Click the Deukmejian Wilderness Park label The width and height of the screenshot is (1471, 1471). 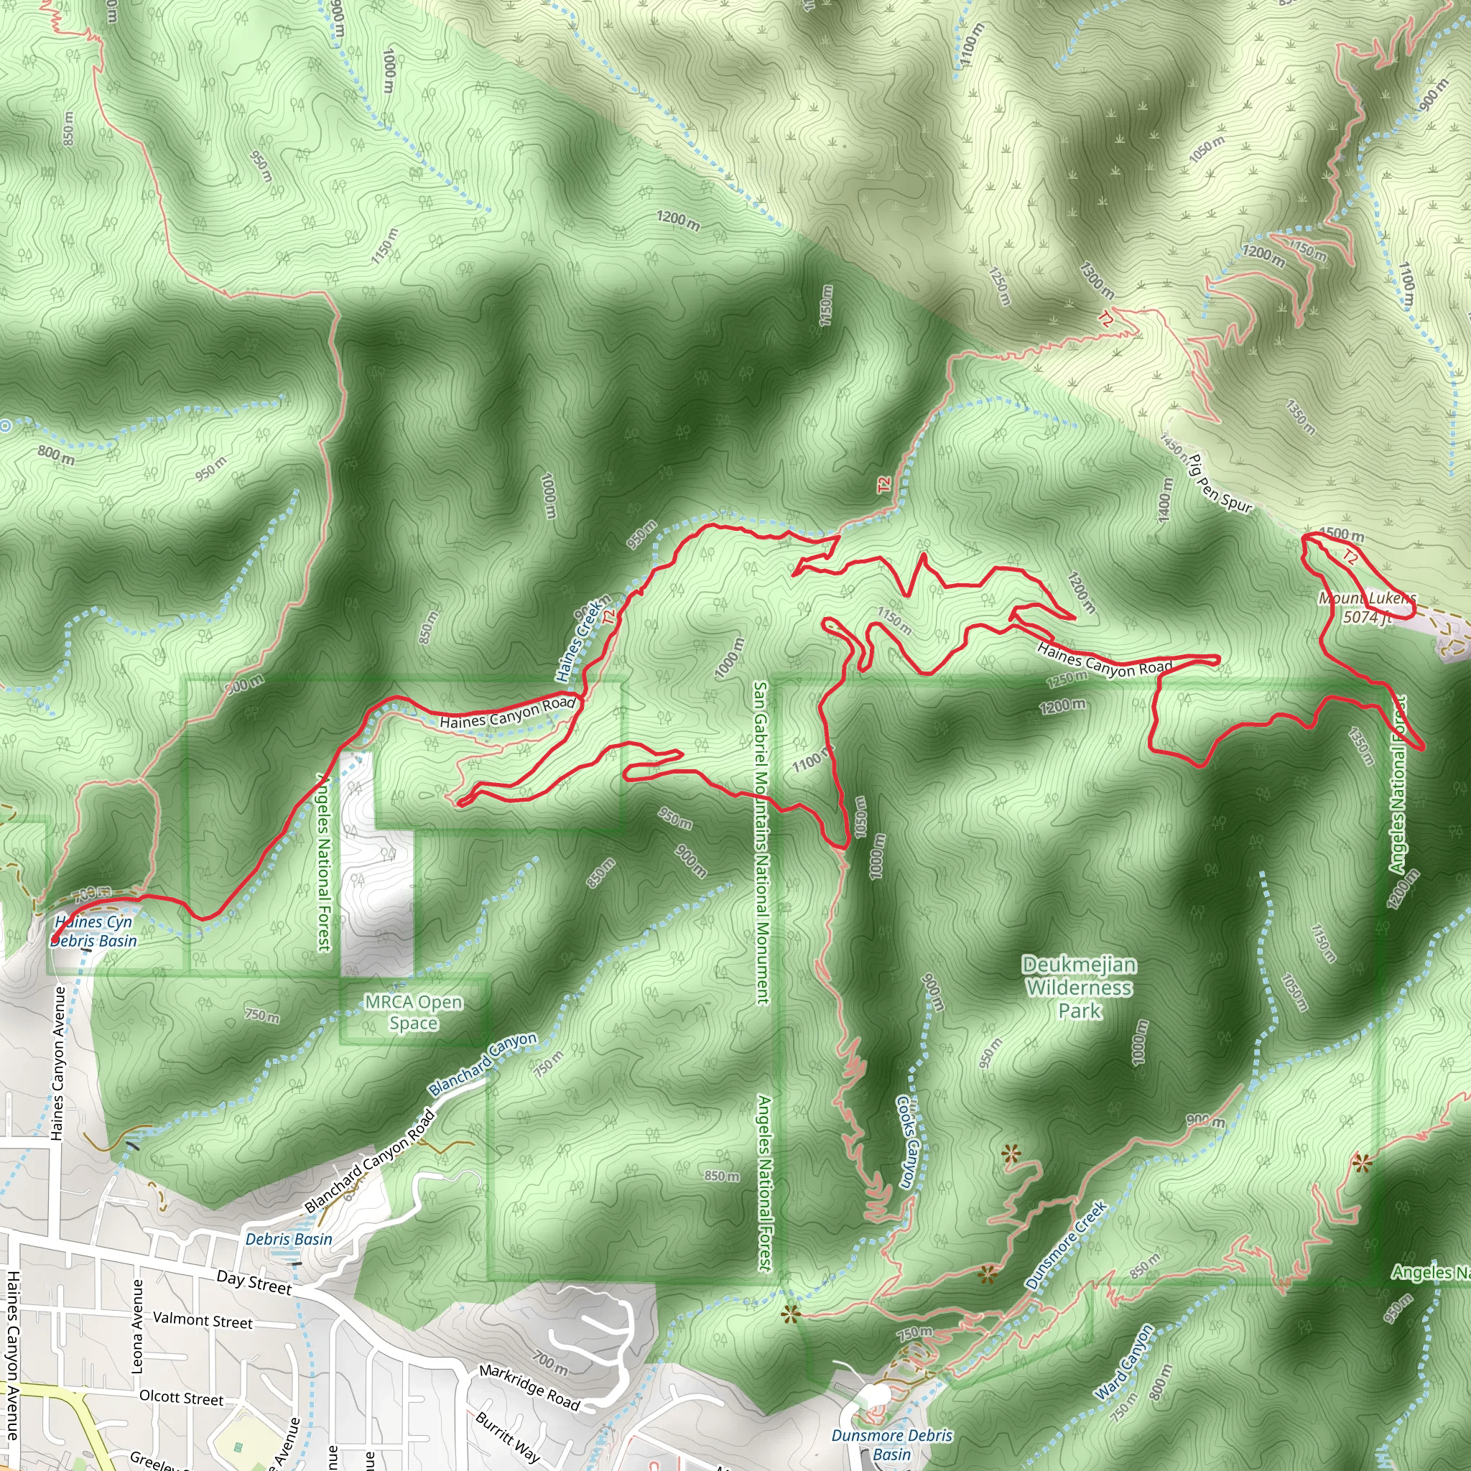[x=1079, y=988]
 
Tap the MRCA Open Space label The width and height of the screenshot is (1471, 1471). [x=414, y=1013]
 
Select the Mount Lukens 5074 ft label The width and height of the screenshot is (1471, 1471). [x=1368, y=608]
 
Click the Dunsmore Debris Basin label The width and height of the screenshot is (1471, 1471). [x=891, y=1444]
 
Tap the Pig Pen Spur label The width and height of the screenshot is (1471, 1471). [x=1220, y=483]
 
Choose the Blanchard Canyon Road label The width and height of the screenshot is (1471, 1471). [x=370, y=1161]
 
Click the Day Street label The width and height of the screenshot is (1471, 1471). [x=254, y=1282]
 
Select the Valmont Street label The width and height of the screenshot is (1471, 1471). [x=203, y=1319]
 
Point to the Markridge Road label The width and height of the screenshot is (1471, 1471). [x=529, y=1387]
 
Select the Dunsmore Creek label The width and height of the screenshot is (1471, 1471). [x=1066, y=1245]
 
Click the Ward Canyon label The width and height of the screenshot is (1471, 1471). [x=1125, y=1362]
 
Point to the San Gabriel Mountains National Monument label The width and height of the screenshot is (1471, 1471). [x=761, y=841]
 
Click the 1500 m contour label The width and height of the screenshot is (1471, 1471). [x=1341, y=534]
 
